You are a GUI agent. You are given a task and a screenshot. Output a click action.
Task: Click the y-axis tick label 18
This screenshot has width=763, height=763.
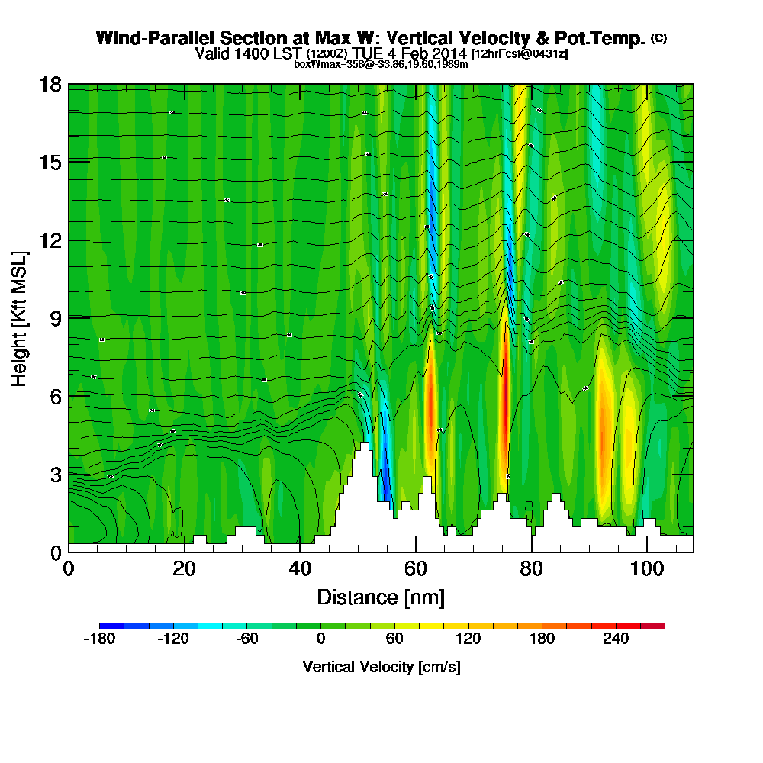[50, 85]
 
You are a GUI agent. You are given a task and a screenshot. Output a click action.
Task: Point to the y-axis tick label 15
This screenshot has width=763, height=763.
[50, 163]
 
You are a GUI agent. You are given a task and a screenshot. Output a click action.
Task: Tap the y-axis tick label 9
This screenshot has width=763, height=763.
[55, 318]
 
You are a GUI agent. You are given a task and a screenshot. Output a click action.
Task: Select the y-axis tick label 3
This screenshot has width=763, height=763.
[55, 475]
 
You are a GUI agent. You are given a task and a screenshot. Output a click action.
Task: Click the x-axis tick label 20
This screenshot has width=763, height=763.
[184, 569]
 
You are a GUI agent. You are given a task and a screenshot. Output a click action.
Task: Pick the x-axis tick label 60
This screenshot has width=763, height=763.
[415, 569]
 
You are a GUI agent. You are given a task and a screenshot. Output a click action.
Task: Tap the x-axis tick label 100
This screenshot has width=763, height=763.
[646, 569]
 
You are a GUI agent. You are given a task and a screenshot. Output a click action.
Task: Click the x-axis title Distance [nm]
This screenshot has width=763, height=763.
[381, 597]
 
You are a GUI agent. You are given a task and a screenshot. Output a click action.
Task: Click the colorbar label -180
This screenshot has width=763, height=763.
[98, 639]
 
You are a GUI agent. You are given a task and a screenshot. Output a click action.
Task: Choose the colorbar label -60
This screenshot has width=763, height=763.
[246, 639]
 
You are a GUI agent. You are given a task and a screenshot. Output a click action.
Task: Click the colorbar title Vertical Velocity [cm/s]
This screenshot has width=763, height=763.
[381, 667]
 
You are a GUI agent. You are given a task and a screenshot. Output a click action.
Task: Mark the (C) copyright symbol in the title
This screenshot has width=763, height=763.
[659, 37]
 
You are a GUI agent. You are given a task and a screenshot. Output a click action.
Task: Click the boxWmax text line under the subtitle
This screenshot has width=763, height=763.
[381, 65]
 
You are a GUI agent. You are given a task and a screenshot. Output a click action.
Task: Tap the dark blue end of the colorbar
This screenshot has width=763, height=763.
[105, 626]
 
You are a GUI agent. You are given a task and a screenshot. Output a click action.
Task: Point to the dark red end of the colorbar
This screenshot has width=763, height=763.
[658, 626]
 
